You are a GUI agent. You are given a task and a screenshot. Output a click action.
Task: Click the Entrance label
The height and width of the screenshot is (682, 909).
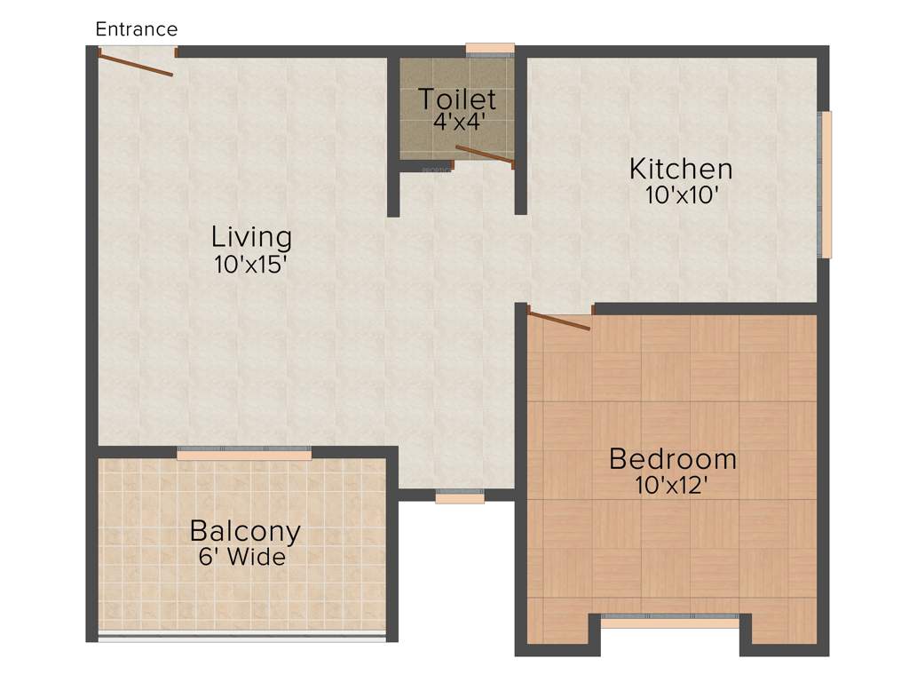coord(137,29)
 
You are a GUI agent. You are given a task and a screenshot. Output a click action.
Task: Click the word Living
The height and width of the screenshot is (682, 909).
coord(251,237)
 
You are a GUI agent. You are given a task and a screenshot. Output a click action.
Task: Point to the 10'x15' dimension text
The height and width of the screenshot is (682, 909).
coord(250,264)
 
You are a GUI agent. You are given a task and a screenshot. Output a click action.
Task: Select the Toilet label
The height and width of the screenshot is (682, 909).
coord(457,98)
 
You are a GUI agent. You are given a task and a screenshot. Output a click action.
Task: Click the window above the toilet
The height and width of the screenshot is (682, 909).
coord(490,49)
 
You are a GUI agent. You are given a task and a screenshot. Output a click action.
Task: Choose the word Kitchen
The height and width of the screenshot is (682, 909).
coord(681,168)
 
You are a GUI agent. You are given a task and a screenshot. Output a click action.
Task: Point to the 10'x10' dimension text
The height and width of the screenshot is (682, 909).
coord(681,194)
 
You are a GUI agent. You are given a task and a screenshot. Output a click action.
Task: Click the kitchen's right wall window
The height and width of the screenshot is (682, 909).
coord(826,185)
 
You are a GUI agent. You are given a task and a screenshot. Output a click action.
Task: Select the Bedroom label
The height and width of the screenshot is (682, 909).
coord(673,459)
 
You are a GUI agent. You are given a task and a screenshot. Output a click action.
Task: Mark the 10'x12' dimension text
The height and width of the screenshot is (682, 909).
coord(672,485)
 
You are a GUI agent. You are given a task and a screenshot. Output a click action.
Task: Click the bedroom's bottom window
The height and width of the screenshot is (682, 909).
coord(670,620)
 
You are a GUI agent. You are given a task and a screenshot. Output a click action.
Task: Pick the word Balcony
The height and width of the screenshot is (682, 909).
coord(245,531)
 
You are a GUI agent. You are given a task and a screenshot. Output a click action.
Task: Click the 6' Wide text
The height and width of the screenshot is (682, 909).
coord(242,558)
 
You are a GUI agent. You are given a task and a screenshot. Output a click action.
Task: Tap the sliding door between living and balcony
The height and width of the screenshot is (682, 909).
coord(244,453)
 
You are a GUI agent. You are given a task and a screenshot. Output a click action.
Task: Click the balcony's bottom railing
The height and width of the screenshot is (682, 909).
coord(241,635)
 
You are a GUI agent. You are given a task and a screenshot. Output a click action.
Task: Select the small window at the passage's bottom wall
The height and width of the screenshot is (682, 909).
coord(460,497)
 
